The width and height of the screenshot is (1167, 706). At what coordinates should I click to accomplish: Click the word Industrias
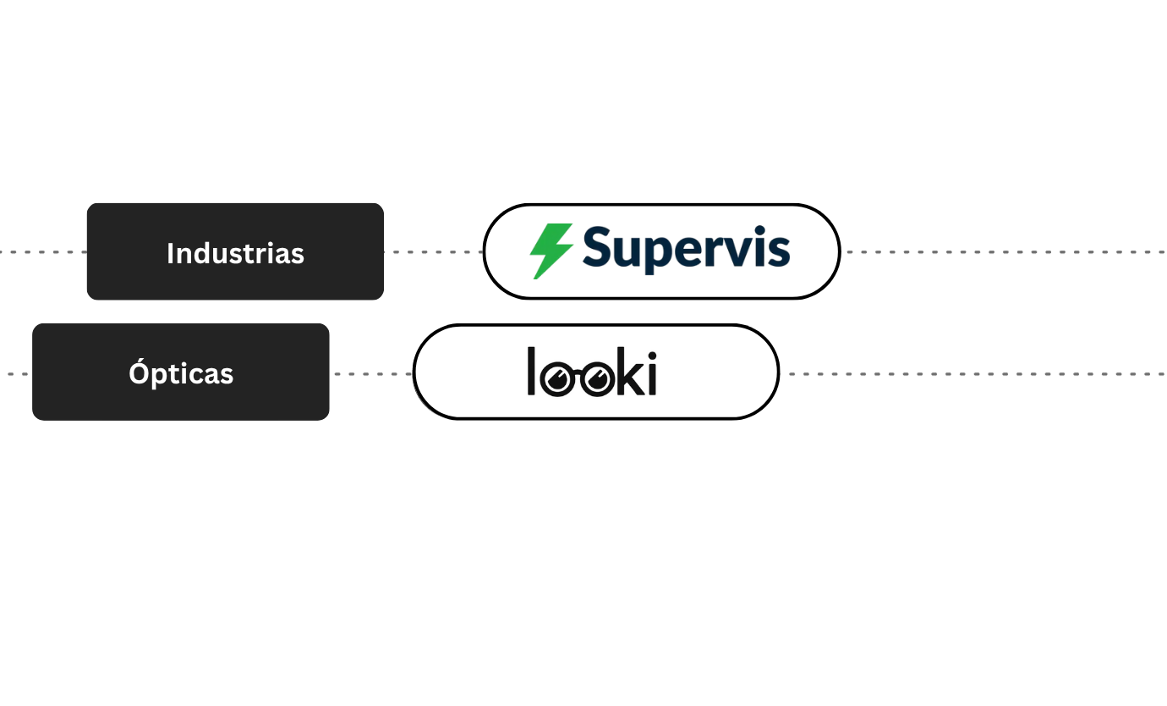tap(235, 253)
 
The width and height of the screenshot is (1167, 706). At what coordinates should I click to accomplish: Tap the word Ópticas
tap(181, 373)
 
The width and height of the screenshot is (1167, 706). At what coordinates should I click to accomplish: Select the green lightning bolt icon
tap(551, 251)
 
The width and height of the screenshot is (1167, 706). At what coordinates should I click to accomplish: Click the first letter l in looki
tap(532, 371)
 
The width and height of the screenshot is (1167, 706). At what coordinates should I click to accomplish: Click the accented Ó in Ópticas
tap(138, 372)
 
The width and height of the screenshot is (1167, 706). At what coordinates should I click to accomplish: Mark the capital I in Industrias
tap(170, 253)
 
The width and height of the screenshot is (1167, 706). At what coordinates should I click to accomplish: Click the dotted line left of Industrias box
tap(42, 252)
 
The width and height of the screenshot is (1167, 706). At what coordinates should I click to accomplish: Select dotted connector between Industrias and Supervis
tap(433, 252)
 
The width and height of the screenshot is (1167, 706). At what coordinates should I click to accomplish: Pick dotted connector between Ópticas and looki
tap(371, 374)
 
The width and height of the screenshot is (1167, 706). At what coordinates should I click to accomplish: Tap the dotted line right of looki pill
tap(972, 374)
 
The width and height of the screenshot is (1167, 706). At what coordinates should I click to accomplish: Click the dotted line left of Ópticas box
tap(15, 374)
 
